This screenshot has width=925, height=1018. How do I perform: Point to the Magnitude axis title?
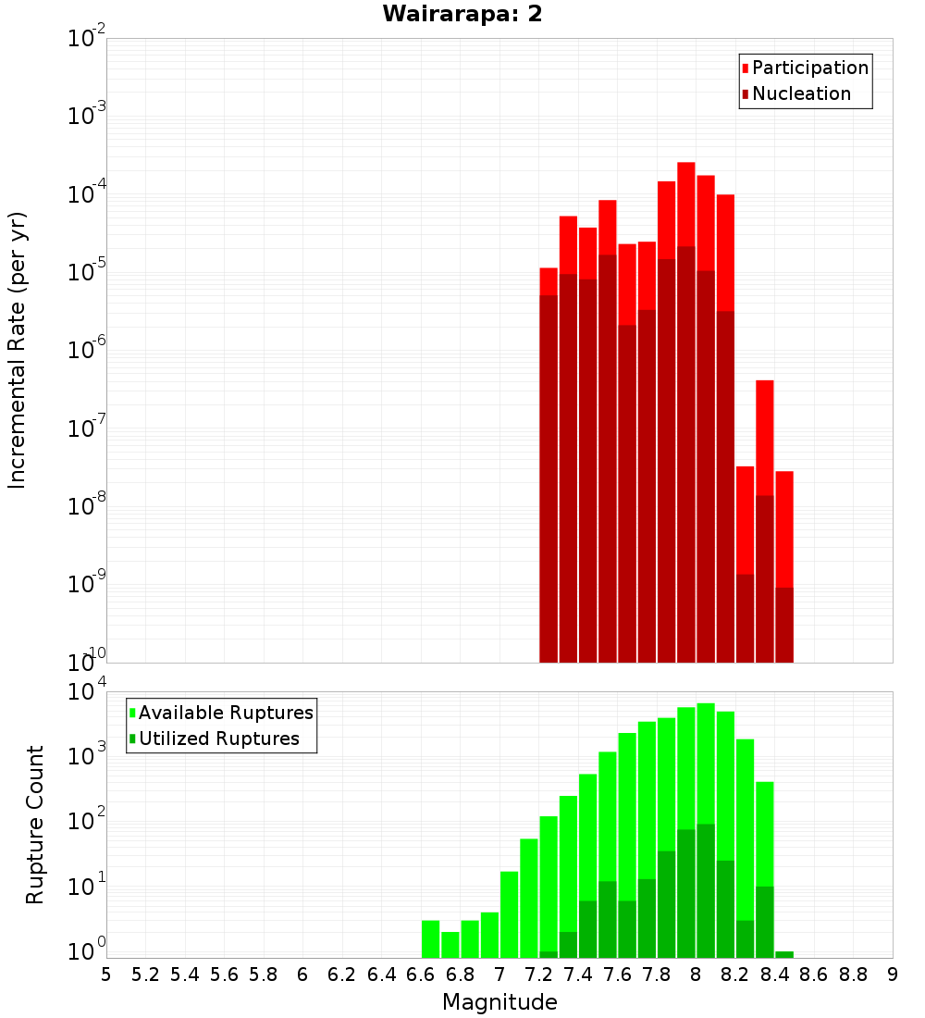point(499,1002)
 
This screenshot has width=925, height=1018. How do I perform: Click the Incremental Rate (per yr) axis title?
point(18,350)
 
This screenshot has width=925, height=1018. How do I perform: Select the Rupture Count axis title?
point(35,824)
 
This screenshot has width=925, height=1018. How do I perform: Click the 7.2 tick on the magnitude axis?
point(538,974)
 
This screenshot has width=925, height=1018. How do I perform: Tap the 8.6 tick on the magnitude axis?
point(814,974)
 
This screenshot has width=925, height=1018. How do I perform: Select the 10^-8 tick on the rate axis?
point(86,505)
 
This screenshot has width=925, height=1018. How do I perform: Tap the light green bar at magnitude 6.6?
point(430,938)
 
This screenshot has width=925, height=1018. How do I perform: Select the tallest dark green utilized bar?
point(706,888)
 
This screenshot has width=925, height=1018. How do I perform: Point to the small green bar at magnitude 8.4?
point(784,954)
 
